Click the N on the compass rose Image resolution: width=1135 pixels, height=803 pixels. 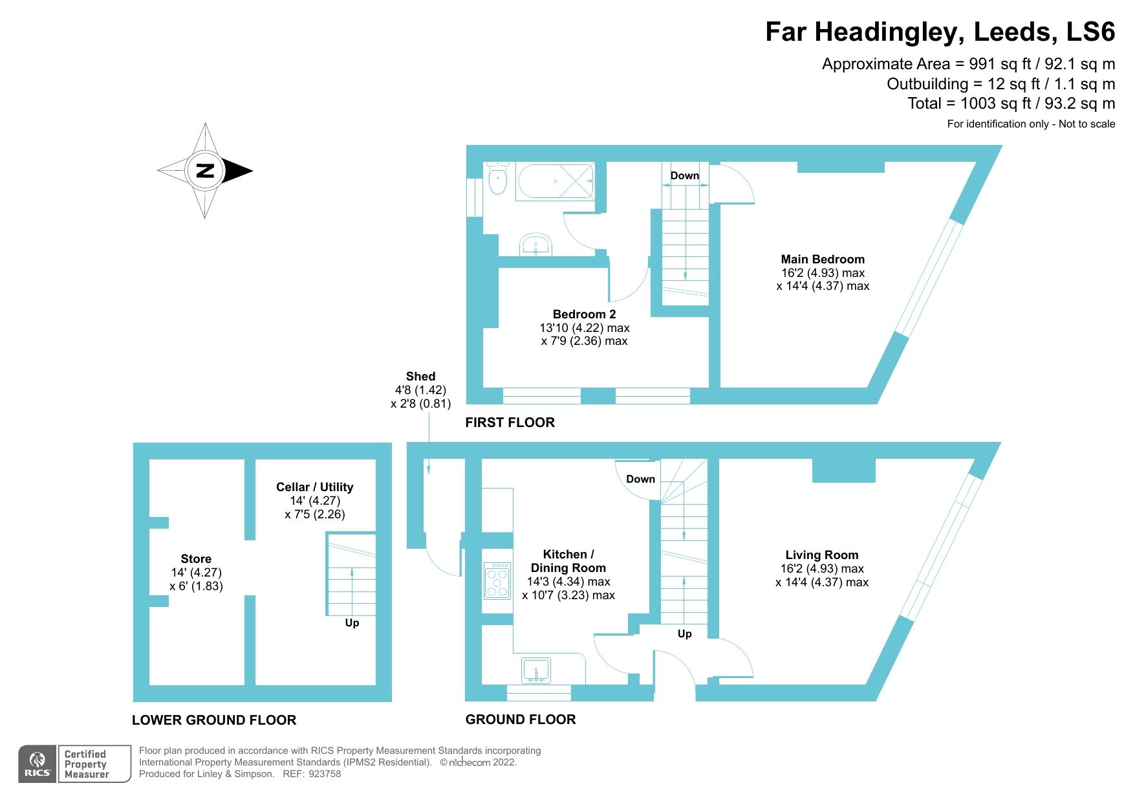(205, 171)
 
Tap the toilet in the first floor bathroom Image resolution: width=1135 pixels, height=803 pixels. (497, 179)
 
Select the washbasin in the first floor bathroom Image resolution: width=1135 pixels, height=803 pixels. (535, 245)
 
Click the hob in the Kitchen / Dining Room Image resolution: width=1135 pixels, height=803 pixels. (497, 580)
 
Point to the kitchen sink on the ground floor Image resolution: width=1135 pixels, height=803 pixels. (536, 670)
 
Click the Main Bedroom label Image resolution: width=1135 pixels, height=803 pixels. (822, 259)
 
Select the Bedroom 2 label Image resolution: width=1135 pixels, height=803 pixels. (584, 314)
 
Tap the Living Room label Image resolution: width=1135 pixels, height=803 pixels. (821, 555)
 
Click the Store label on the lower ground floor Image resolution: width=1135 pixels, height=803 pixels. (196, 559)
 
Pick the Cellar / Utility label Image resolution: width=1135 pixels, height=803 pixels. (314, 487)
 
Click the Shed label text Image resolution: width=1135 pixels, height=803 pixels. (420, 377)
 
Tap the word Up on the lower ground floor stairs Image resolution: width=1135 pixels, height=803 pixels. (352, 622)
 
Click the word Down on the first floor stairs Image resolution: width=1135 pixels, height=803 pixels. (684, 175)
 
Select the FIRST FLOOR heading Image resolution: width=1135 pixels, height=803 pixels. (510, 423)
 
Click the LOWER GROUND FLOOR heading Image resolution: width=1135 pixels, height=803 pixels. (214, 720)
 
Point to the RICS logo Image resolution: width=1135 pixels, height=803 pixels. (38, 764)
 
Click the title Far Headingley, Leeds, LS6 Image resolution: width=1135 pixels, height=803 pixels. (940, 32)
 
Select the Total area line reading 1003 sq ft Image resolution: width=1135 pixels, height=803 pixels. (1011, 104)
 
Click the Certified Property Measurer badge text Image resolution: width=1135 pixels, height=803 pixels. (87, 764)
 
